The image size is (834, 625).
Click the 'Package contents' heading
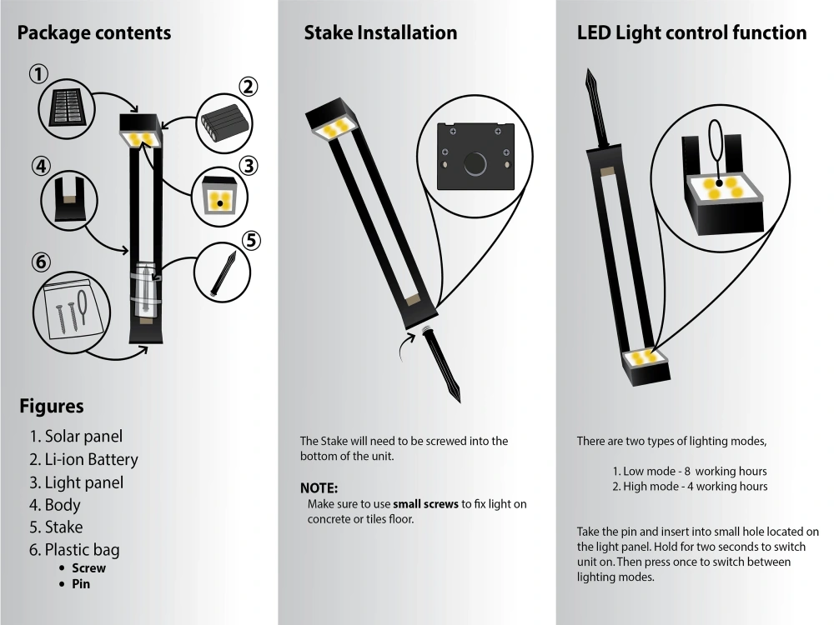pos(93,33)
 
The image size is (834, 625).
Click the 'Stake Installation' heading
pos(380,33)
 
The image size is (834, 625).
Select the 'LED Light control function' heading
pos(691,33)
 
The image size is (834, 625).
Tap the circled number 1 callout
pos(38,74)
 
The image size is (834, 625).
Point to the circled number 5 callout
pos(251,241)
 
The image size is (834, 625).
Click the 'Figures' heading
pos(51,407)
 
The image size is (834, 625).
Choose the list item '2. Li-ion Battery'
pos(83,459)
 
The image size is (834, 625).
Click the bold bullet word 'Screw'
pos(88,568)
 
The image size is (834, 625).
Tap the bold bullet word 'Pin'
pos(81,584)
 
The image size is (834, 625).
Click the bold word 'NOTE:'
pos(319,488)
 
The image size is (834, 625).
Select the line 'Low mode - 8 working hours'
pos(689,471)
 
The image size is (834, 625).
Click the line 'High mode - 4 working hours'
pos(690,486)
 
